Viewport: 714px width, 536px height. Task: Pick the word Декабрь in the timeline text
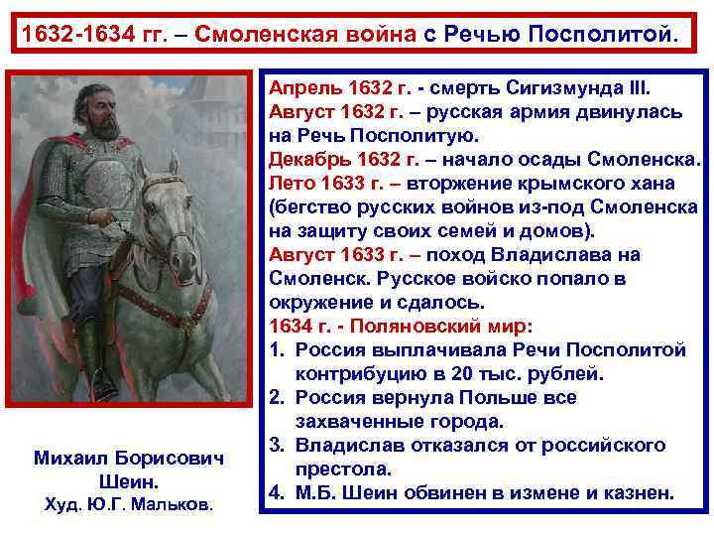(305, 159)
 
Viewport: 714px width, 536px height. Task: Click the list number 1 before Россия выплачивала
(275, 349)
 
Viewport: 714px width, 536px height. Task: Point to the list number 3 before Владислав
(275, 445)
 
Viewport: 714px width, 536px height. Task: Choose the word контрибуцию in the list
(357, 373)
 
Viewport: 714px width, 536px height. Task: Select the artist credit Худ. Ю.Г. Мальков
(128, 505)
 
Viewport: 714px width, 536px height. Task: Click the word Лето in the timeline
(293, 183)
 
